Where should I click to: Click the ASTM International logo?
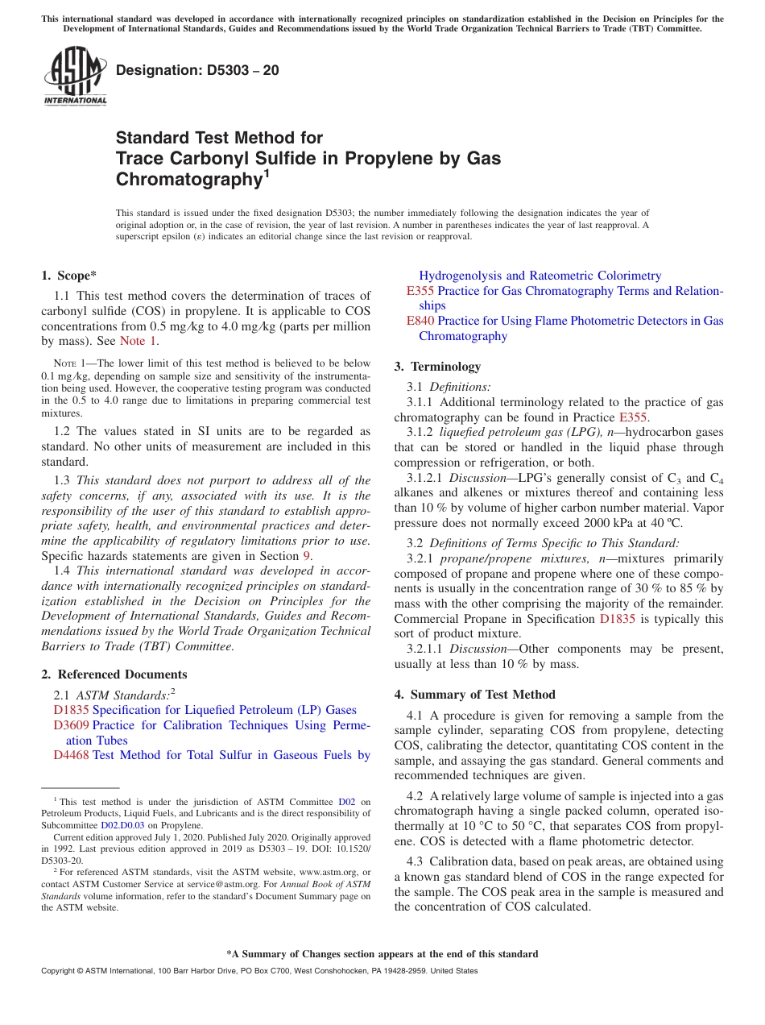click(x=75, y=76)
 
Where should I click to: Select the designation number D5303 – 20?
click(x=197, y=70)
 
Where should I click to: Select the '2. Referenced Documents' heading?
click(x=114, y=674)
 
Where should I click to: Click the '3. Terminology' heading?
click(x=437, y=367)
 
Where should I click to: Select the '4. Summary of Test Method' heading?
click(x=474, y=695)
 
